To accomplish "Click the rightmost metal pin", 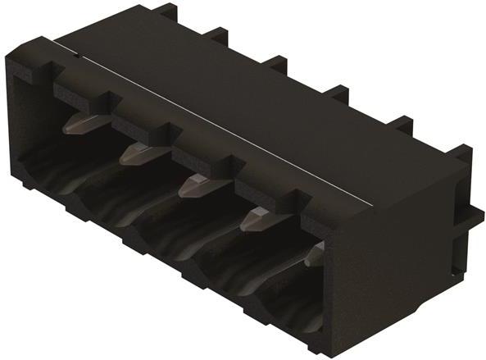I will (314, 256).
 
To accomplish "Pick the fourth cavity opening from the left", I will (231, 271).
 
